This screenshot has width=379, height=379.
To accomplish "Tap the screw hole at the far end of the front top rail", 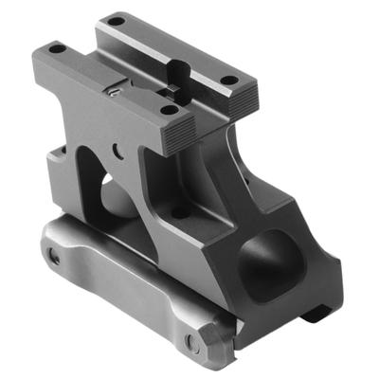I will pos(57,47).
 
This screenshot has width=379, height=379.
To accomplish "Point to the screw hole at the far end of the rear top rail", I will pos(115,19).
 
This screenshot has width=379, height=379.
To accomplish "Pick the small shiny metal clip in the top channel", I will pos(113,91).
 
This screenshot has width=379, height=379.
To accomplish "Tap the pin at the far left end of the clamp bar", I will pos(53,257).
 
